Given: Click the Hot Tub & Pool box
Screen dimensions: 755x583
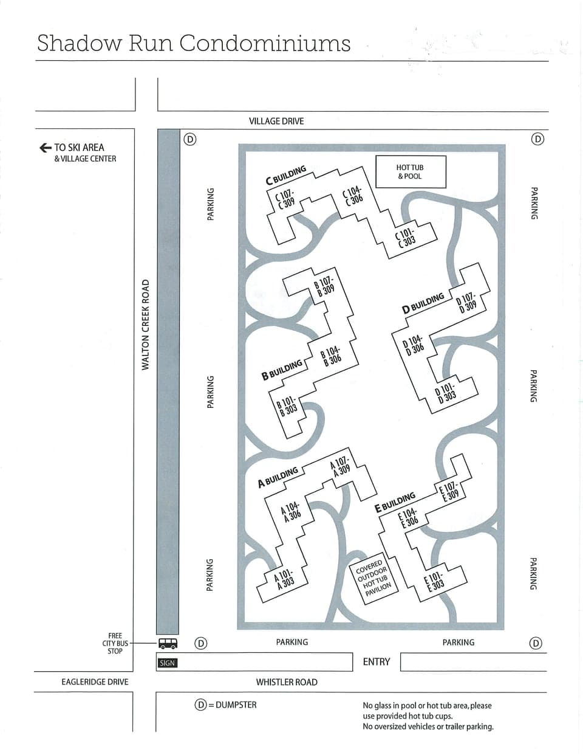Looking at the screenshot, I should (410, 172).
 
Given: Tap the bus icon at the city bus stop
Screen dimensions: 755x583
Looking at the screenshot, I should (168, 643).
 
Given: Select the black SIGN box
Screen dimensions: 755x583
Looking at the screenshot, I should (167, 663).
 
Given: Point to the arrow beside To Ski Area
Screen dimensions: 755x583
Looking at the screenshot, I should (44, 147).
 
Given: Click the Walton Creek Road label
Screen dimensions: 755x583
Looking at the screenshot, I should (145, 325).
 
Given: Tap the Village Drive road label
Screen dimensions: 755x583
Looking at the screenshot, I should (276, 121).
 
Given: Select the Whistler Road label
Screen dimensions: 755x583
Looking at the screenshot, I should (287, 682).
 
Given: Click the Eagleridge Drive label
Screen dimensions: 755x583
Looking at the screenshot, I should (95, 682).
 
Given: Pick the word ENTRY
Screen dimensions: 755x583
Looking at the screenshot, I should (376, 661).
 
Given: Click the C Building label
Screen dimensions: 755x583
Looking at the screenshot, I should (286, 176).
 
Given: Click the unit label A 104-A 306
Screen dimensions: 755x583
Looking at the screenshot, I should (291, 511).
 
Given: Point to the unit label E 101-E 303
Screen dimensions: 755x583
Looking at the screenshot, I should (435, 581).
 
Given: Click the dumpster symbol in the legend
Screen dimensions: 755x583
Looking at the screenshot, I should (200, 705).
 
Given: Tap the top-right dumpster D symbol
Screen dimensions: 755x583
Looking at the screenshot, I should (537, 139).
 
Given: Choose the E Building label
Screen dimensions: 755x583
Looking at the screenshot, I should (395, 502).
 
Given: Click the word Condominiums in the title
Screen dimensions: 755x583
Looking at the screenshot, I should (265, 43).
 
